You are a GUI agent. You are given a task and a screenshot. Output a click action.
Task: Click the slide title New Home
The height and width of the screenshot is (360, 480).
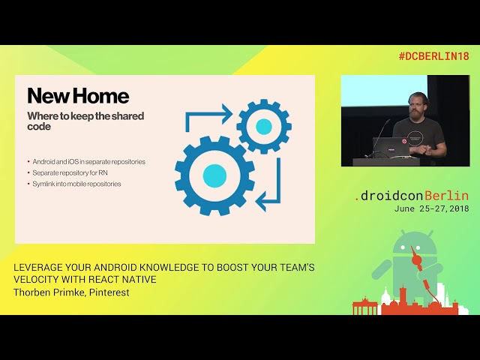78,96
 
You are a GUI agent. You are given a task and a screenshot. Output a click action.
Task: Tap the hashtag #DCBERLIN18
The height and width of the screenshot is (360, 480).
433,56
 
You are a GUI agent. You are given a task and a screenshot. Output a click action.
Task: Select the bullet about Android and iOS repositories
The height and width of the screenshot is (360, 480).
88,161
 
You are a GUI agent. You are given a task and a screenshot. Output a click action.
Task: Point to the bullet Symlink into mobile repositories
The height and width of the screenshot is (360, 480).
76,184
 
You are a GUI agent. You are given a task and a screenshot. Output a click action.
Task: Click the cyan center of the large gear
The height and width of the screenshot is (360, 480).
214,175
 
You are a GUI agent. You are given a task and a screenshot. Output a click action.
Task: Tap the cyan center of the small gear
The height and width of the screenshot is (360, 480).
264,127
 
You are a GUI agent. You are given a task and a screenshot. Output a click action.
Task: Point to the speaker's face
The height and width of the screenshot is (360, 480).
419,104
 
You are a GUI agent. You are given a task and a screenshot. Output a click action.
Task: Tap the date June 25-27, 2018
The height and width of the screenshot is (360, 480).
431,208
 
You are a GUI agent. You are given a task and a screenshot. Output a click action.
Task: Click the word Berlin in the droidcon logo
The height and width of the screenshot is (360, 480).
447,196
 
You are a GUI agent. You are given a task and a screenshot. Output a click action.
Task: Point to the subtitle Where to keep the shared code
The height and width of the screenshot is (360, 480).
85,121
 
